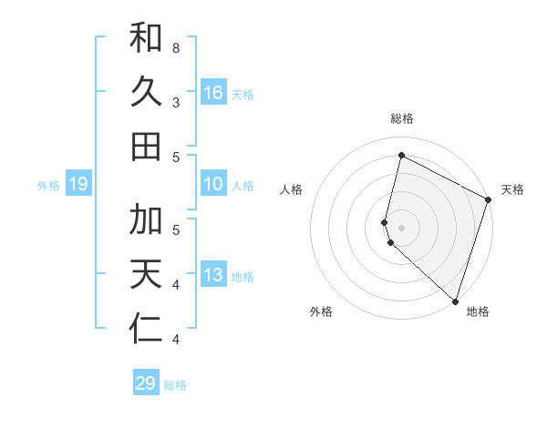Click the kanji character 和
[146, 39]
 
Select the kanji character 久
[146, 93]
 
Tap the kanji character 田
[146, 146]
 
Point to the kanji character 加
[146, 220]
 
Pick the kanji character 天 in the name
[146, 275]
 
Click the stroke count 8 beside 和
[176, 46]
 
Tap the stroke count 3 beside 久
[176, 101]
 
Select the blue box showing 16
[212, 93]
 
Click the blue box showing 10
[212, 184]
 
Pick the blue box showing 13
[212, 275]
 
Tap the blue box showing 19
[78, 184]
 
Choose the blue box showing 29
[146, 382]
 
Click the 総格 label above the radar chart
[402, 118]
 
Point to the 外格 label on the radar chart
[321, 311]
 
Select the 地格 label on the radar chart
[478, 311]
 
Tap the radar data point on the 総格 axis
[401, 156]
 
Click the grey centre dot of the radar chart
[401, 226]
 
